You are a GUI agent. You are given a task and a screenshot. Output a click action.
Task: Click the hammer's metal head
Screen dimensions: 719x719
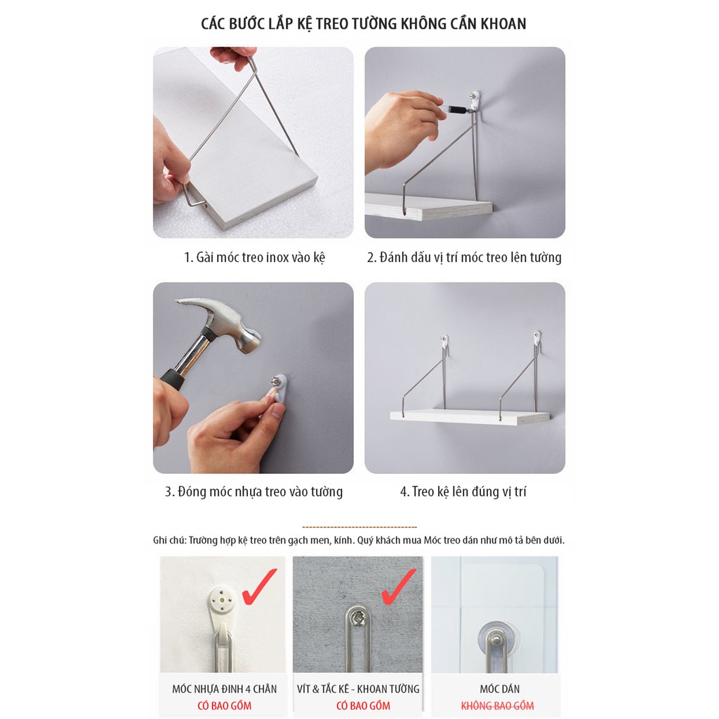pyautogui.click(x=219, y=322)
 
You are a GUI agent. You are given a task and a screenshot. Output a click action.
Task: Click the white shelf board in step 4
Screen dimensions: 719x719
pyautogui.click(x=470, y=416)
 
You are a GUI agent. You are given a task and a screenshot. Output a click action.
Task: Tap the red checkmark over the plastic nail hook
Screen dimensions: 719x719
pyautogui.click(x=259, y=586)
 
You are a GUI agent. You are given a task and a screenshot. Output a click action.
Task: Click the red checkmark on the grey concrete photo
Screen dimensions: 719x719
pyautogui.click(x=398, y=586)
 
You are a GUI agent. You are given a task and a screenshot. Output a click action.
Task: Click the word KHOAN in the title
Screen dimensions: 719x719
pyautogui.click(x=503, y=24)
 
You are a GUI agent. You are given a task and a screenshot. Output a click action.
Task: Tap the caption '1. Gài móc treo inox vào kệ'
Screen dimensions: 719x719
pyautogui.click(x=254, y=257)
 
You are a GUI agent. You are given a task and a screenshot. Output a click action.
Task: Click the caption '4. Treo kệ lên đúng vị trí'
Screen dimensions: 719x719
pyautogui.click(x=463, y=492)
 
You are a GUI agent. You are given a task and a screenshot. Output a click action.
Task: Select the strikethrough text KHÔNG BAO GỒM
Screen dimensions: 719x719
pyautogui.click(x=498, y=705)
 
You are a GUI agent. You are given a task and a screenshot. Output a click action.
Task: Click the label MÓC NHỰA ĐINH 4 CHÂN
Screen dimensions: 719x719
pyautogui.click(x=225, y=689)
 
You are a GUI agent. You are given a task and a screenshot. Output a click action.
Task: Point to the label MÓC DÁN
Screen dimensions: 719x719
pyautogui.click(x=500, y=689)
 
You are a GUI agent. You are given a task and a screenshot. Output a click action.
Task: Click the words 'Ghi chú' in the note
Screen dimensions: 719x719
pyautogui.click(x=169, y=540)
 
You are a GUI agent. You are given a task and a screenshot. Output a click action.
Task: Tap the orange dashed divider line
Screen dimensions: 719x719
pyautogui.click(x=359, y=527)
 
